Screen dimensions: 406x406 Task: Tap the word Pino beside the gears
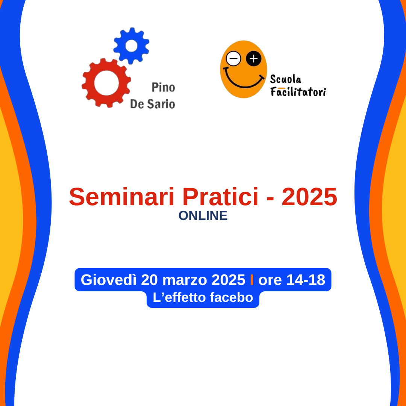point(164,88)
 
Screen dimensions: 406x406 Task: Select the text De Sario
point(153,104)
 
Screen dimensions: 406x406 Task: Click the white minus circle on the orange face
point(233,59)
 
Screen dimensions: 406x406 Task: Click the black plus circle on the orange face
point(253,59)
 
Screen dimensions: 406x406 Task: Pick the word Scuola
point(286,79)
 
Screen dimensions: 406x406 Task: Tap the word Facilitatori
point(298,92)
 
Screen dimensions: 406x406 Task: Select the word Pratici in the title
point(220,197)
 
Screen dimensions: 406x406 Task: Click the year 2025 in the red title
point(309,197)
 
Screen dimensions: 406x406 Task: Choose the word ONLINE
point(203,216)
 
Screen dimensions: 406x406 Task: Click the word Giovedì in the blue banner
point(109,280)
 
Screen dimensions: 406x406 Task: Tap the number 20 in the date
point(149,280)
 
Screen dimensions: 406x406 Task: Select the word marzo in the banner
point(185,280)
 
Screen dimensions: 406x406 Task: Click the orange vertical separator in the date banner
point(251,280)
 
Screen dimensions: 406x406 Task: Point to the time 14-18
point(306,280)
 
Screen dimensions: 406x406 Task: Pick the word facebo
point(232,297)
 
